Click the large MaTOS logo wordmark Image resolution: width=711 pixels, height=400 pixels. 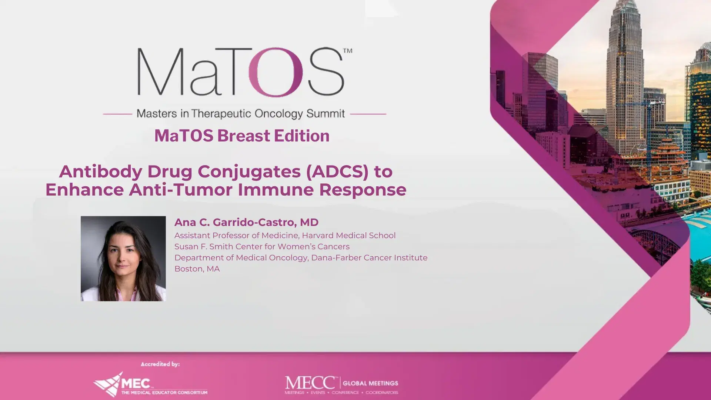(x=241, y=72)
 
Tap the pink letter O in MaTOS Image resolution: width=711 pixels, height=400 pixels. (x=275, y=72)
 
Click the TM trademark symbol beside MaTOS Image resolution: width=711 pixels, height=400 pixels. (x=348, y=51)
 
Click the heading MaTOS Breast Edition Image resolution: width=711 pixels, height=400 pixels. (x=242, y=136)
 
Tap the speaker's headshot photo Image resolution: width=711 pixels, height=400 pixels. (x=123, y=258)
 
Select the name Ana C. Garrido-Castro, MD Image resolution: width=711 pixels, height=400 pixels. (x=246, y=222)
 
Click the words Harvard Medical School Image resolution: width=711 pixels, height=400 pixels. (x=349, y=236)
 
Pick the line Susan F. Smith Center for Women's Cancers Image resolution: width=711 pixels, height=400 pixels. (x=262, y=247)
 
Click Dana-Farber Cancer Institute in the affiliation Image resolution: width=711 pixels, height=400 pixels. (x=369, y=258)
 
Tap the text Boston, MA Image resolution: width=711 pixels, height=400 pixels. (x=197, y=269)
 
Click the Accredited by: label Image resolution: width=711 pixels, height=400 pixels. (x=160, y=364)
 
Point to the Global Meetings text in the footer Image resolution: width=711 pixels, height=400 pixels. (x=370, y=383)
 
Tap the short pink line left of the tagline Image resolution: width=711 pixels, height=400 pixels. (x=117, y=114)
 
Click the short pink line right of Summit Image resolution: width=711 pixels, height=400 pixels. (x=368, y=114)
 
